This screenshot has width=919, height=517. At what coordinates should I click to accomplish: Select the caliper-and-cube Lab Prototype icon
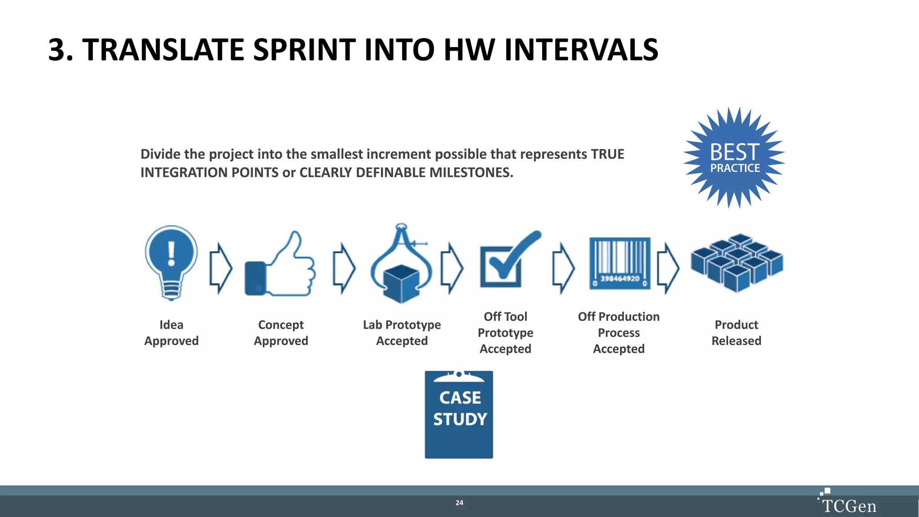coord(401,265)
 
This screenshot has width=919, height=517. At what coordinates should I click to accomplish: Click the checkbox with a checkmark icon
coord(507,263)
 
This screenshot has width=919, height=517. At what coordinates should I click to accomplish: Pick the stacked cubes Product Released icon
coord(737,263)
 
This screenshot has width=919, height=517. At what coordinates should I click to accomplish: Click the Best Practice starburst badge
coord(735,158)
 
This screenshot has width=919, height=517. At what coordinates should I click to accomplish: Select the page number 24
coord(459,503)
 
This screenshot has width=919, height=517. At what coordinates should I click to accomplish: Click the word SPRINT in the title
coord(305,49)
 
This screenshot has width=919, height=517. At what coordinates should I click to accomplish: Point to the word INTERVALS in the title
coord(581,49)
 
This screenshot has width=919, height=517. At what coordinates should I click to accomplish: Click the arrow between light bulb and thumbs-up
coord(221,268)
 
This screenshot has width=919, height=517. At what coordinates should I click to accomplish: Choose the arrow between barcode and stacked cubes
coord(668,268)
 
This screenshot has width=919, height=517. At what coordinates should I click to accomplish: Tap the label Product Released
coord(736,333)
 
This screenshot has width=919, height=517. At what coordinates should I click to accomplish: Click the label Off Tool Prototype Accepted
coord(505,333)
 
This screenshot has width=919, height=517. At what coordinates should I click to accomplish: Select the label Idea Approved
coord(171,333)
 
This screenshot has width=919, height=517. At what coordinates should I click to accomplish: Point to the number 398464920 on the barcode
coord(619,279)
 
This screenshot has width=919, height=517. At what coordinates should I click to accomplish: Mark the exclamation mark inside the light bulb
coord(171,254)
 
